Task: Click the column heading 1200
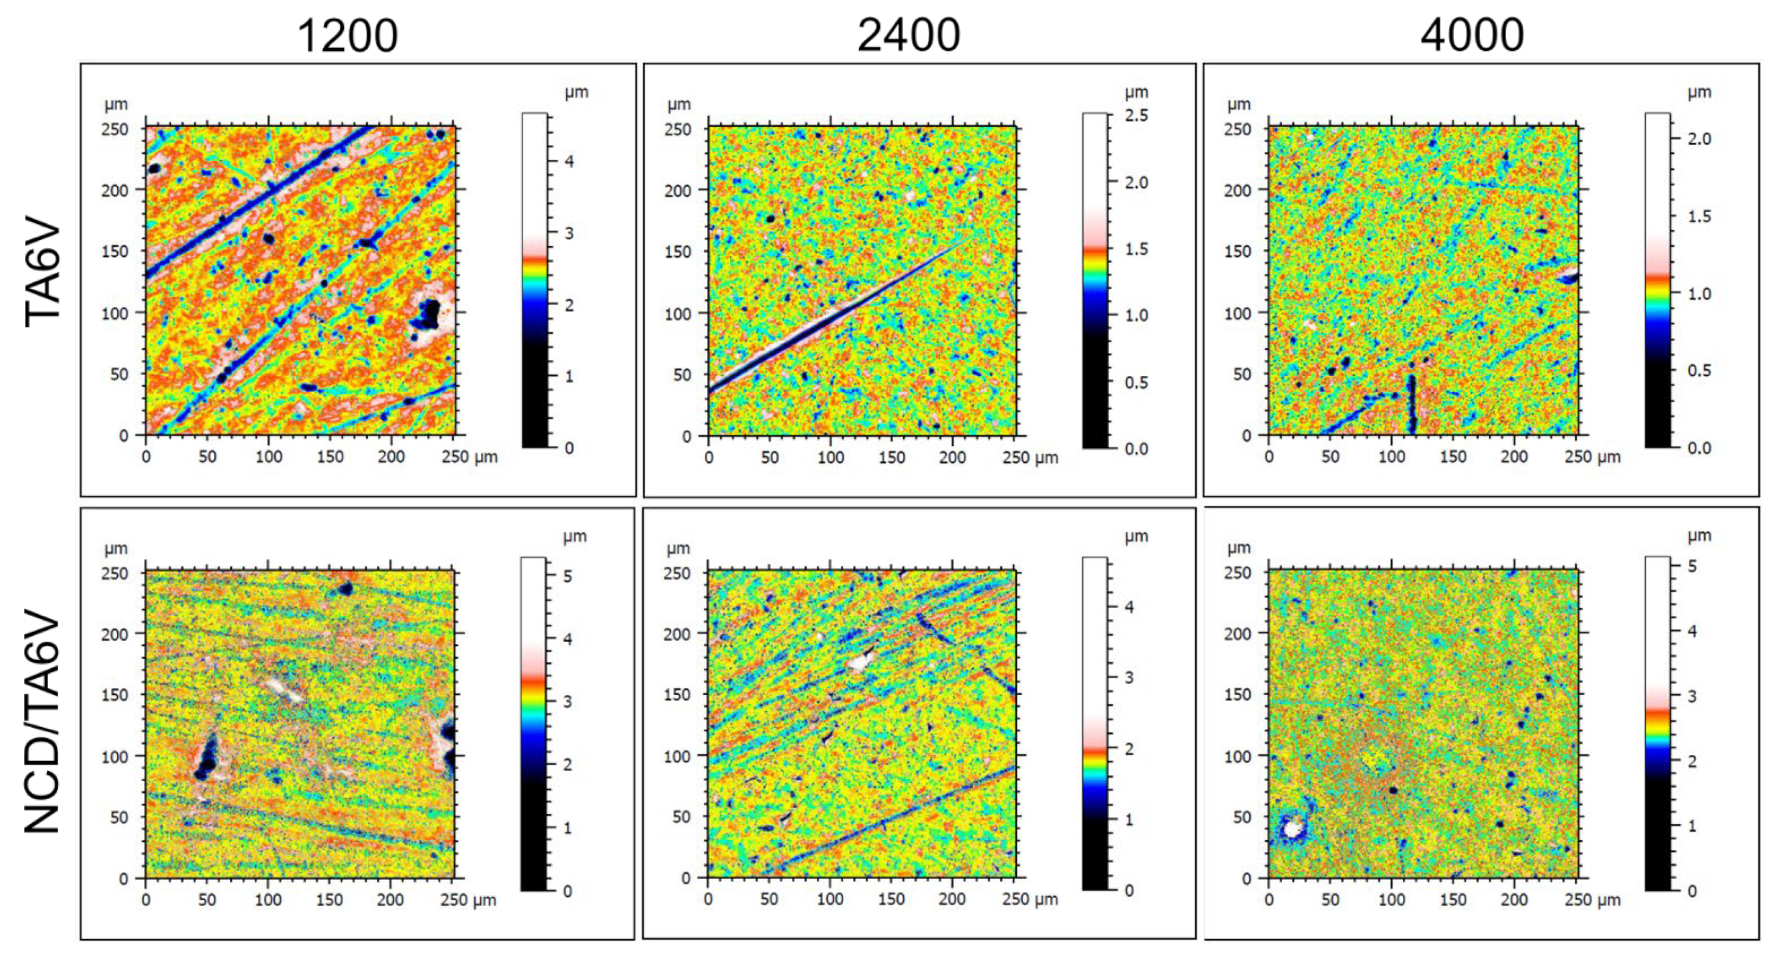[x=347, y=36]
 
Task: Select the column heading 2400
[x=908, y=36]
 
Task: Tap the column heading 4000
[x=1472, y=36]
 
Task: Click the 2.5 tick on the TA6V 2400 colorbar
[x=1136, y=115]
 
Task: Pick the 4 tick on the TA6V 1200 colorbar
[x=569, y=162]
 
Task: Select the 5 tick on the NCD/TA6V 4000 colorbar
[x=1692, y=566]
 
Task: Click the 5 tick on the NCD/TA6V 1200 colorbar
[x=567, y=576]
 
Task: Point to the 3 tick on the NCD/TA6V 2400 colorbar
[x=1129, y=677]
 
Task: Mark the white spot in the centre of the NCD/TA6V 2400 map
[x=858, y=662]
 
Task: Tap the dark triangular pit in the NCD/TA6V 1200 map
[x=207, y=756]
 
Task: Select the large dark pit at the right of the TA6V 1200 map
[x=430, y=314]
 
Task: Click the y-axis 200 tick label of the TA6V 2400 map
[x=677, y=191]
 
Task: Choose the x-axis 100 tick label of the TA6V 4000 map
[x=1391, y=457]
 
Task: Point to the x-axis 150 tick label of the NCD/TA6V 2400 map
[x=891, y=899]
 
